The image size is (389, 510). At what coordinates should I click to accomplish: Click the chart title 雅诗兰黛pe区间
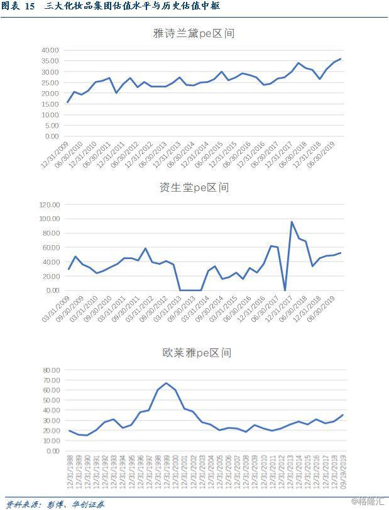[194, 33]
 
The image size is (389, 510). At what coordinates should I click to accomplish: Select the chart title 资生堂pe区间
[194, 187]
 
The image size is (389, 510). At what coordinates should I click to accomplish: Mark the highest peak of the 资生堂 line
[292, 222]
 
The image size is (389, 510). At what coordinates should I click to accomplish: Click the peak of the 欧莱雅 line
[166, 383]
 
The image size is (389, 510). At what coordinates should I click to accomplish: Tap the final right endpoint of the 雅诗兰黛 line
[341, 58]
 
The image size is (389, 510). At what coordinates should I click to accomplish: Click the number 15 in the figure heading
[29, 6]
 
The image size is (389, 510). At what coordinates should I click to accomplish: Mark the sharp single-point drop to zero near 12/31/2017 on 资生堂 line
[285, 290]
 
